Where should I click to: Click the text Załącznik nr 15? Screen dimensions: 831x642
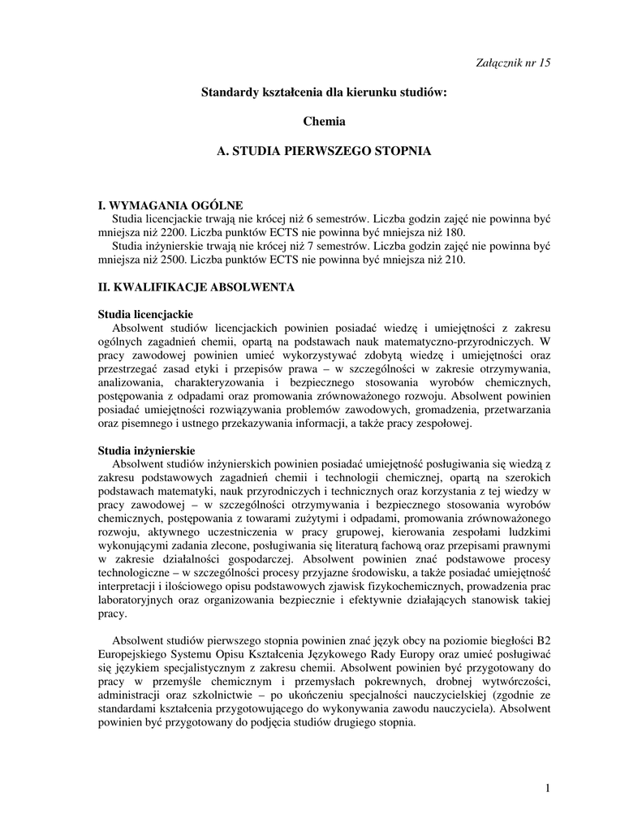[511, 63]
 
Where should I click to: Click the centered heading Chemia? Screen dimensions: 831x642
[324, 122]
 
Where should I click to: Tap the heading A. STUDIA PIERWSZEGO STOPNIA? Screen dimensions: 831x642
[324, 151]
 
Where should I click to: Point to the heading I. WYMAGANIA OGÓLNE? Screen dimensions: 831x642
[170, 205]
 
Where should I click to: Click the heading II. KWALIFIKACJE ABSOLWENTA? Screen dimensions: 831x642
[196, 287]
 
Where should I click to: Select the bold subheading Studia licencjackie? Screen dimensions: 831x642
[144, 313]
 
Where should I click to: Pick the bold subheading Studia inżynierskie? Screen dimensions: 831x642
[146, 450]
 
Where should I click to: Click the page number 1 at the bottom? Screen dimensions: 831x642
[548, 788]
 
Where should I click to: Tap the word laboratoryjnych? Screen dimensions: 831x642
[138, 601]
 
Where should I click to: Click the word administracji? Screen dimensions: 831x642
[132, 695]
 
